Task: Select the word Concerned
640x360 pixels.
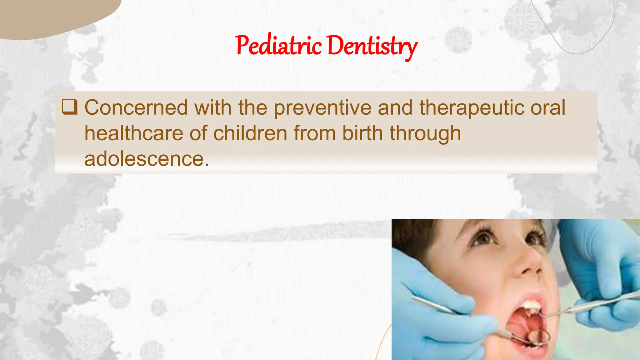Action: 136,108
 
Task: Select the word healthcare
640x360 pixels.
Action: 134,133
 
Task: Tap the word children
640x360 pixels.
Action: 250,133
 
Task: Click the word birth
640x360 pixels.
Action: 362,133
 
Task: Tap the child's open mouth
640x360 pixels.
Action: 525,325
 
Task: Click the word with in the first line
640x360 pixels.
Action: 213,108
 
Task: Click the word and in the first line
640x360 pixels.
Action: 395,108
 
